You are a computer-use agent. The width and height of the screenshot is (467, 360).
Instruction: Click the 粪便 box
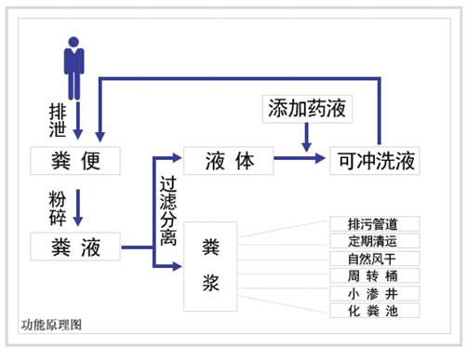tap(76, 160)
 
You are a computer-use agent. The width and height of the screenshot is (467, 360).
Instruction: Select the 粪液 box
tap(76, 247)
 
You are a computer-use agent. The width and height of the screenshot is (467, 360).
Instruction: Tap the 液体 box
tap(228, 160)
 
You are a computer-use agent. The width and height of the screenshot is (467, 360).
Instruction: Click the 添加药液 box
tap(307, 109)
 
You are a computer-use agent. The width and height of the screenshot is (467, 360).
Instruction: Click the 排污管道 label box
tap(375, 224)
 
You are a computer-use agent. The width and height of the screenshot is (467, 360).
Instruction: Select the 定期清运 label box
tap(375, 241)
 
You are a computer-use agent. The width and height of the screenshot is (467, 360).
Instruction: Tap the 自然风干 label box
tap(375, 259)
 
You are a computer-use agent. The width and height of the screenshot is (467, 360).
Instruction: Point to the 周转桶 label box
tap(375, 276)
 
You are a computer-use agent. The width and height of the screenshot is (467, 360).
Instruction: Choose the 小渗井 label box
tap(375, 293)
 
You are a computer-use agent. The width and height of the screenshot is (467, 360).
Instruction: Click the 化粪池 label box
tap(375, 310)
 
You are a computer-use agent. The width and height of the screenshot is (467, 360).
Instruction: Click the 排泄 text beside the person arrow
tap(59, 117)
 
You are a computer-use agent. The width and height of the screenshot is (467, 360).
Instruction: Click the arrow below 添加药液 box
tap(307, 138)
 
